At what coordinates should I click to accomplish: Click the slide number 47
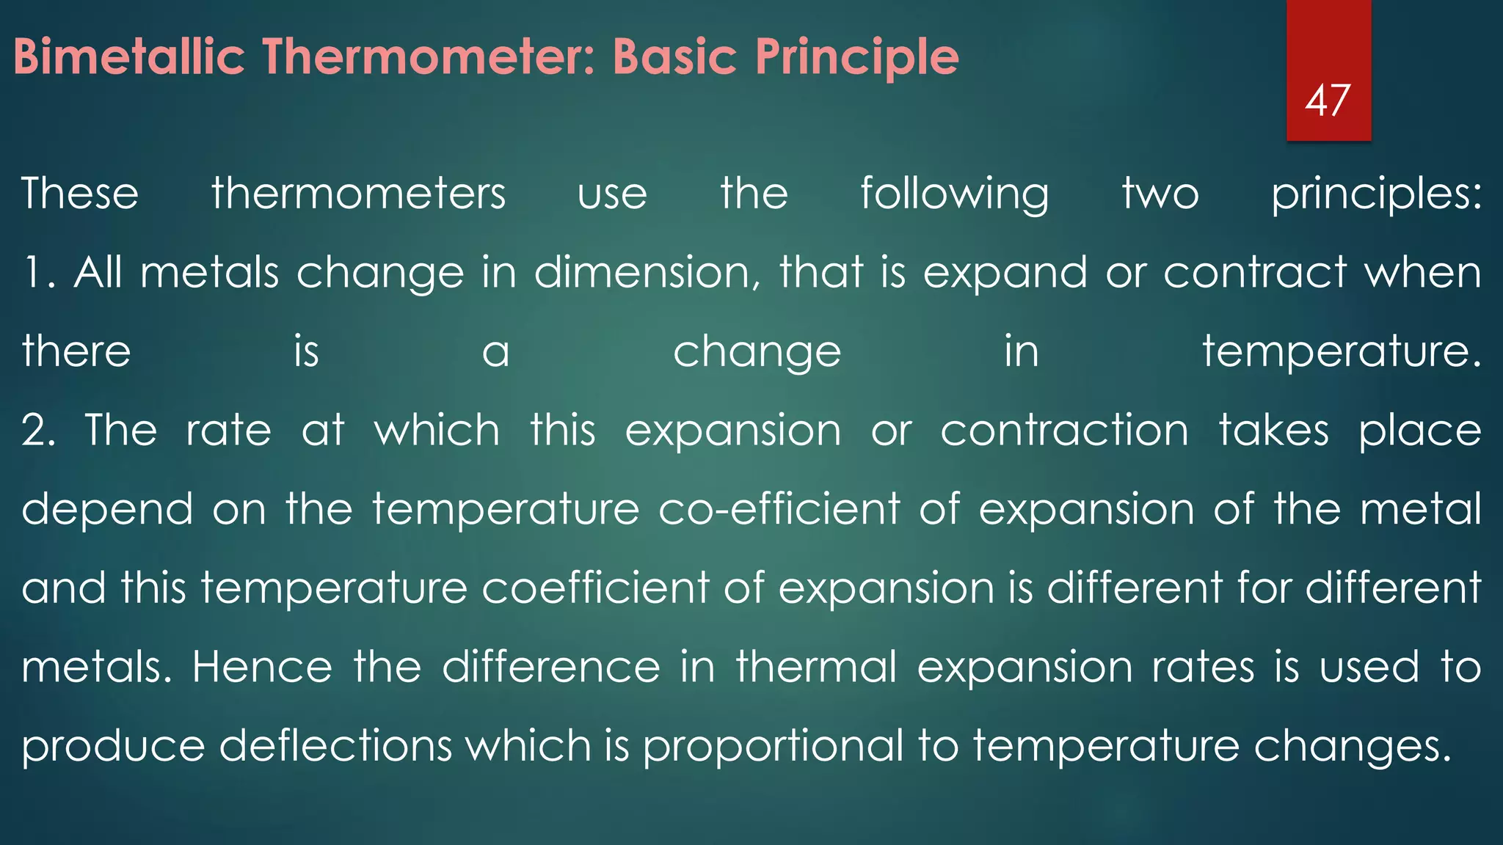pyautogui.click(x=1328, y=100)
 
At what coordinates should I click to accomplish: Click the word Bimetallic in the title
pyautogui.click(x=128, y=56)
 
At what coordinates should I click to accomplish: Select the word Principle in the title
pyautogui.click(x=856, y=56)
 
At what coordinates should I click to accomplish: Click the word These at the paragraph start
pyautogui.click(x=80, y=194)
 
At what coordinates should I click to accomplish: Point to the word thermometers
pyautogui.click(x=358, y=194)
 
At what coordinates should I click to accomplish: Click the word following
pyautogui.click(x=954, y=195)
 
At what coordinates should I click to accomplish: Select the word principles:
pyautogui.click(x=1376, y=195)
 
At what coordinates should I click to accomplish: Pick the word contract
pyautogui.click(x=1255, y=273)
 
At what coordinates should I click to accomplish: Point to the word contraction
pyautogui.click(x=1064, y=431)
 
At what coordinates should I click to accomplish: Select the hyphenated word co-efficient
pyautogui.click(x=779, y=509)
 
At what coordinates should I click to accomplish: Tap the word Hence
pyautogui.click(x=262, y=667)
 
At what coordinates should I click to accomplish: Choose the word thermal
pyautogui.click(x=816, y=667)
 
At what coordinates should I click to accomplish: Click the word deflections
pyautogui.click(x=335, y=746)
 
